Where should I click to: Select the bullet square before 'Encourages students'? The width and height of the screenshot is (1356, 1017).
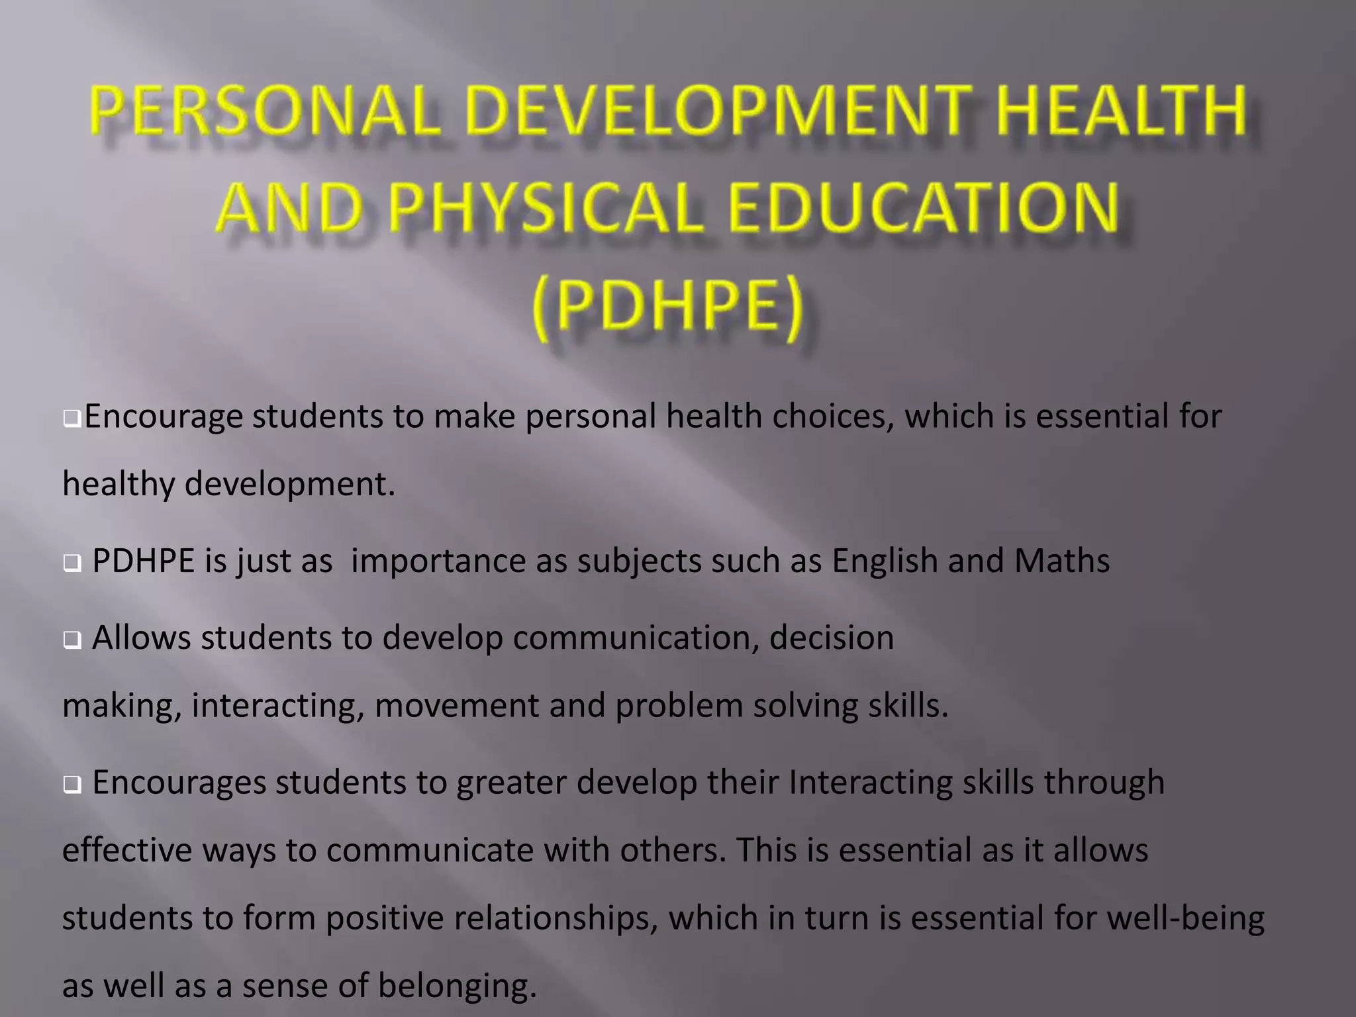pyautogui.click(x=72, y=785)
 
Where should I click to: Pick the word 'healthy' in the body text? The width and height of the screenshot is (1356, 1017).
pyautogui.click(x=119, y=485)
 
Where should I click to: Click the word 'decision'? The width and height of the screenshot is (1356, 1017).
pyautogui.click(x=831, y=638)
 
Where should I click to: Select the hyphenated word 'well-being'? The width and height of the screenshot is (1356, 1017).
pyautogui.click(x=1185, y=918)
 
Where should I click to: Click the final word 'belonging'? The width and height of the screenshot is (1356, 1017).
pyautogui.click(x=457, y=986)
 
